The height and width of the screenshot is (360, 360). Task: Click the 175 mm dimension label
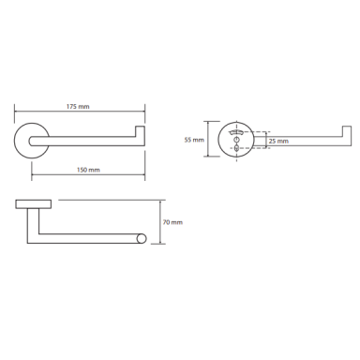[x=78, y=107]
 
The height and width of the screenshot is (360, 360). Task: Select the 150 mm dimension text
[x=88, y=170]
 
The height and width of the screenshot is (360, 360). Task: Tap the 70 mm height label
[x=172, y=222]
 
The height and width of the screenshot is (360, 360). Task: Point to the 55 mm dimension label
[x=194, y=140]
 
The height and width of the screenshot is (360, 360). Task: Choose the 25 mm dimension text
[x=278, y=142]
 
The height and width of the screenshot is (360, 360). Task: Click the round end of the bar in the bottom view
[x=141, y=238]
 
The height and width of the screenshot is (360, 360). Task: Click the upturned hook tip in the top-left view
[x=140, y=131]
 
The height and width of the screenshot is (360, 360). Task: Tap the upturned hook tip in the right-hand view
[x=347, y=131]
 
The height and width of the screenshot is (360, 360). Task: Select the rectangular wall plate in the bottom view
[x=34, y=203]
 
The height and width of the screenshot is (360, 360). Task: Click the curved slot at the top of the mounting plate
[x=236, y=132]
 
